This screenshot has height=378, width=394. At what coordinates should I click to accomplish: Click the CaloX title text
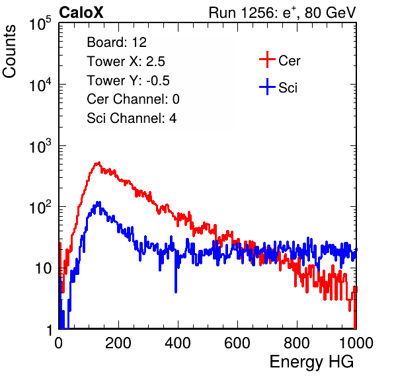[81, 13]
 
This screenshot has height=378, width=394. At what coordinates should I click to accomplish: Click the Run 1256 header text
[282, 13]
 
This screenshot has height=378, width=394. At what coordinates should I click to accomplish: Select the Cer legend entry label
[289, 61]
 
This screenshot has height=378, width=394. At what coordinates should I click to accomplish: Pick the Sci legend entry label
[288, 88]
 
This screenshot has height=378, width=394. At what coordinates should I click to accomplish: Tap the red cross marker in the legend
[267, 59]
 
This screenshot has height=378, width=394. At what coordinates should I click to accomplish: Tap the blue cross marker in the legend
[267, 87]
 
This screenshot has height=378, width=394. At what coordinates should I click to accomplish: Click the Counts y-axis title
[9, 52]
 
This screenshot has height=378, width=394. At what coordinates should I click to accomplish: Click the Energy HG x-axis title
[312, 362]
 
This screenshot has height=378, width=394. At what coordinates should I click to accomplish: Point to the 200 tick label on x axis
[118, 343]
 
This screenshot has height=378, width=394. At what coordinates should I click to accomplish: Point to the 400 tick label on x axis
[178, 343]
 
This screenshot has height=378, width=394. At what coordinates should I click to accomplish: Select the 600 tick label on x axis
[237, 343]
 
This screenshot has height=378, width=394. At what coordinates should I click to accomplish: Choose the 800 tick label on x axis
[297, 343]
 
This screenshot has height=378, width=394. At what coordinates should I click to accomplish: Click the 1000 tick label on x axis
[356, 343]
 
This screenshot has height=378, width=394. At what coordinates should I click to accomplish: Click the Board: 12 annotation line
[116, 42]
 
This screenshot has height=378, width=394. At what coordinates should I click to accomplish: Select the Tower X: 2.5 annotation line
[126, 61]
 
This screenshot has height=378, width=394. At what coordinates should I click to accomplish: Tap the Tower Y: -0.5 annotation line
[128, 81]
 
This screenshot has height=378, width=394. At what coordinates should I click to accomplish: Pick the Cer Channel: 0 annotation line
[133, 99]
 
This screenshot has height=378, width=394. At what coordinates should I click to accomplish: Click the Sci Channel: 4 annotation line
[132, 118]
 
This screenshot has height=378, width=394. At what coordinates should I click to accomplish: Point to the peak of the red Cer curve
[98, 163]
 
